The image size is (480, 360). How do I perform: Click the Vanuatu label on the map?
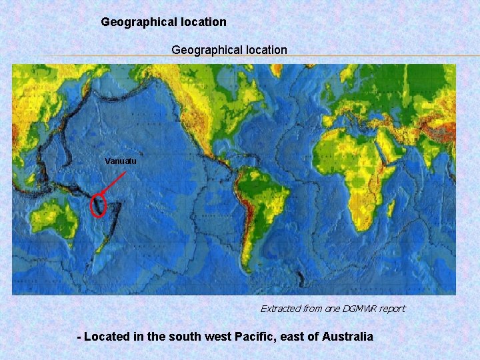coord(121,161)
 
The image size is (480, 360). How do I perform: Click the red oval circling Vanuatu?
coord(98,205)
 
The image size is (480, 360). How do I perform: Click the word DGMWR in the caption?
coord(361,309)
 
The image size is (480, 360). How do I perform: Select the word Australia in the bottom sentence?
coord(347,337)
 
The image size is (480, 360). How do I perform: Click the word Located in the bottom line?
coord(107,337)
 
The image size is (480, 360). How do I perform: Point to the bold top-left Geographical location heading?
coord(163,22)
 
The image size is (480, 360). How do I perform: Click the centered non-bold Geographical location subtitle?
coord(229,50)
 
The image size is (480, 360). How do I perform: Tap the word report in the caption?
coord(391,309)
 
